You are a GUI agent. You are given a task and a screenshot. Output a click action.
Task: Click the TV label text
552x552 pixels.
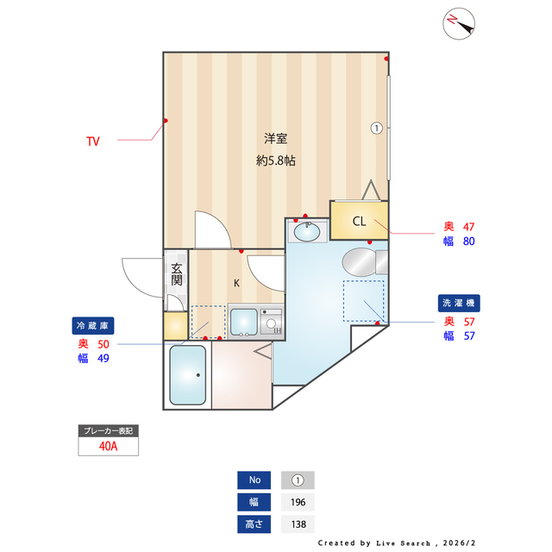[92, 141]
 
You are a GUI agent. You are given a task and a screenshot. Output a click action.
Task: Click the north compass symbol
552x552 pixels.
[459, 24]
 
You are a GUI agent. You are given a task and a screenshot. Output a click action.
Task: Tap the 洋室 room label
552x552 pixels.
[275, 139]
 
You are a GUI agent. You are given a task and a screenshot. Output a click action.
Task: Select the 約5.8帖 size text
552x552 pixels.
[275, 160]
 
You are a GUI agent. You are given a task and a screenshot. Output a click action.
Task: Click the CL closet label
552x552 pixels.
[359, 221]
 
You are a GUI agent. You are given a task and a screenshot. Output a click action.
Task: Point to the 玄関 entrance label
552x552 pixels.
[176, 274]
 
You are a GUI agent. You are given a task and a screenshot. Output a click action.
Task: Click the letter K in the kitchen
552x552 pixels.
[237, 282]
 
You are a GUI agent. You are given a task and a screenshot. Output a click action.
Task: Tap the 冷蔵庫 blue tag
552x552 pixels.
[93, 326]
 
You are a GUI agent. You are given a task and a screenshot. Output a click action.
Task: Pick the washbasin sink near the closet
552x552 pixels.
[307, 231]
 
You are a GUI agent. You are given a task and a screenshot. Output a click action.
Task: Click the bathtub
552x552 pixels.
[187, 375]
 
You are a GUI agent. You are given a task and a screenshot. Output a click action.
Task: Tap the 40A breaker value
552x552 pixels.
[108, 446]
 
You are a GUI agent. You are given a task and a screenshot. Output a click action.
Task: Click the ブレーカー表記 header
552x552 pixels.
[108, 430]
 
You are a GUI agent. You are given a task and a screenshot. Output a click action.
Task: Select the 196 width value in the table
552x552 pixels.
[298, 502]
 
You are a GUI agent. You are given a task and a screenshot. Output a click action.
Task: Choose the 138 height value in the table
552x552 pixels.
[298, 524]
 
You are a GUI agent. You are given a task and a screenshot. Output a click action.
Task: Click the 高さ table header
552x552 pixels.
[254, 524]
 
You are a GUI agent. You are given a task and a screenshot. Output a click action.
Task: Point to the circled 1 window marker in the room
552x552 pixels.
[376, 128]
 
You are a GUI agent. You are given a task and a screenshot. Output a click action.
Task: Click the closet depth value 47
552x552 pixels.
[469, 227]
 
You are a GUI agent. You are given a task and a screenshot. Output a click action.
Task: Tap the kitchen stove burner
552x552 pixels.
[273, 323]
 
